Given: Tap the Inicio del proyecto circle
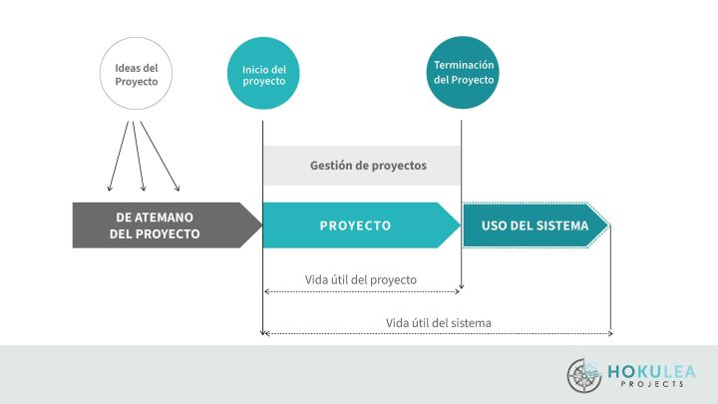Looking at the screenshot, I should point(263,74).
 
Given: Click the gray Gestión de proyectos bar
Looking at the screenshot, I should point(362,166).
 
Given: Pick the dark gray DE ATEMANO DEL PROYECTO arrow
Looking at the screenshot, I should point(160,225).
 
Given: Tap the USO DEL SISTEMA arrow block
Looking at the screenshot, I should point(534,225).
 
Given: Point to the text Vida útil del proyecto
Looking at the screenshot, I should point(361,279).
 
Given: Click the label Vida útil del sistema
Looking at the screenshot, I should point(439,322).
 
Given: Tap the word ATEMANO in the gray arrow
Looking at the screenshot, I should point(165,216).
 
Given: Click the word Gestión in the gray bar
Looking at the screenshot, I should point(331,166).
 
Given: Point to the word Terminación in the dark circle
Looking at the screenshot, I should point(463,65).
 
